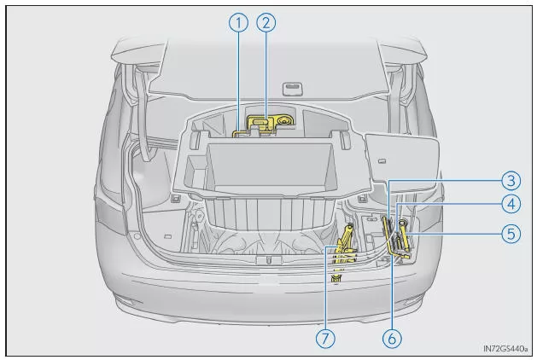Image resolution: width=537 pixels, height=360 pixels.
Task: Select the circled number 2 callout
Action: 266,24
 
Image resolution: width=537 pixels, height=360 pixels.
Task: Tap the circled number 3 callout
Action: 511,180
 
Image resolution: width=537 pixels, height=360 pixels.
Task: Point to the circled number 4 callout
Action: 511,205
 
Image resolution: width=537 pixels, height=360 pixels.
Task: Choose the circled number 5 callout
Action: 511,232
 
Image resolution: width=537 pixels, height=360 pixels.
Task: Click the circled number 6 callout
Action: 392,338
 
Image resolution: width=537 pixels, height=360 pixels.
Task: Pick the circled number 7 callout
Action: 324,338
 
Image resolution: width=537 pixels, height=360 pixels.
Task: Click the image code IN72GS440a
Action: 505,347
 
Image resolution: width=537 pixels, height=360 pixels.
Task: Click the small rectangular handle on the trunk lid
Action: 292,87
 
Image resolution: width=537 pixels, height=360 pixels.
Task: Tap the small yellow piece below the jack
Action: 336,279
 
